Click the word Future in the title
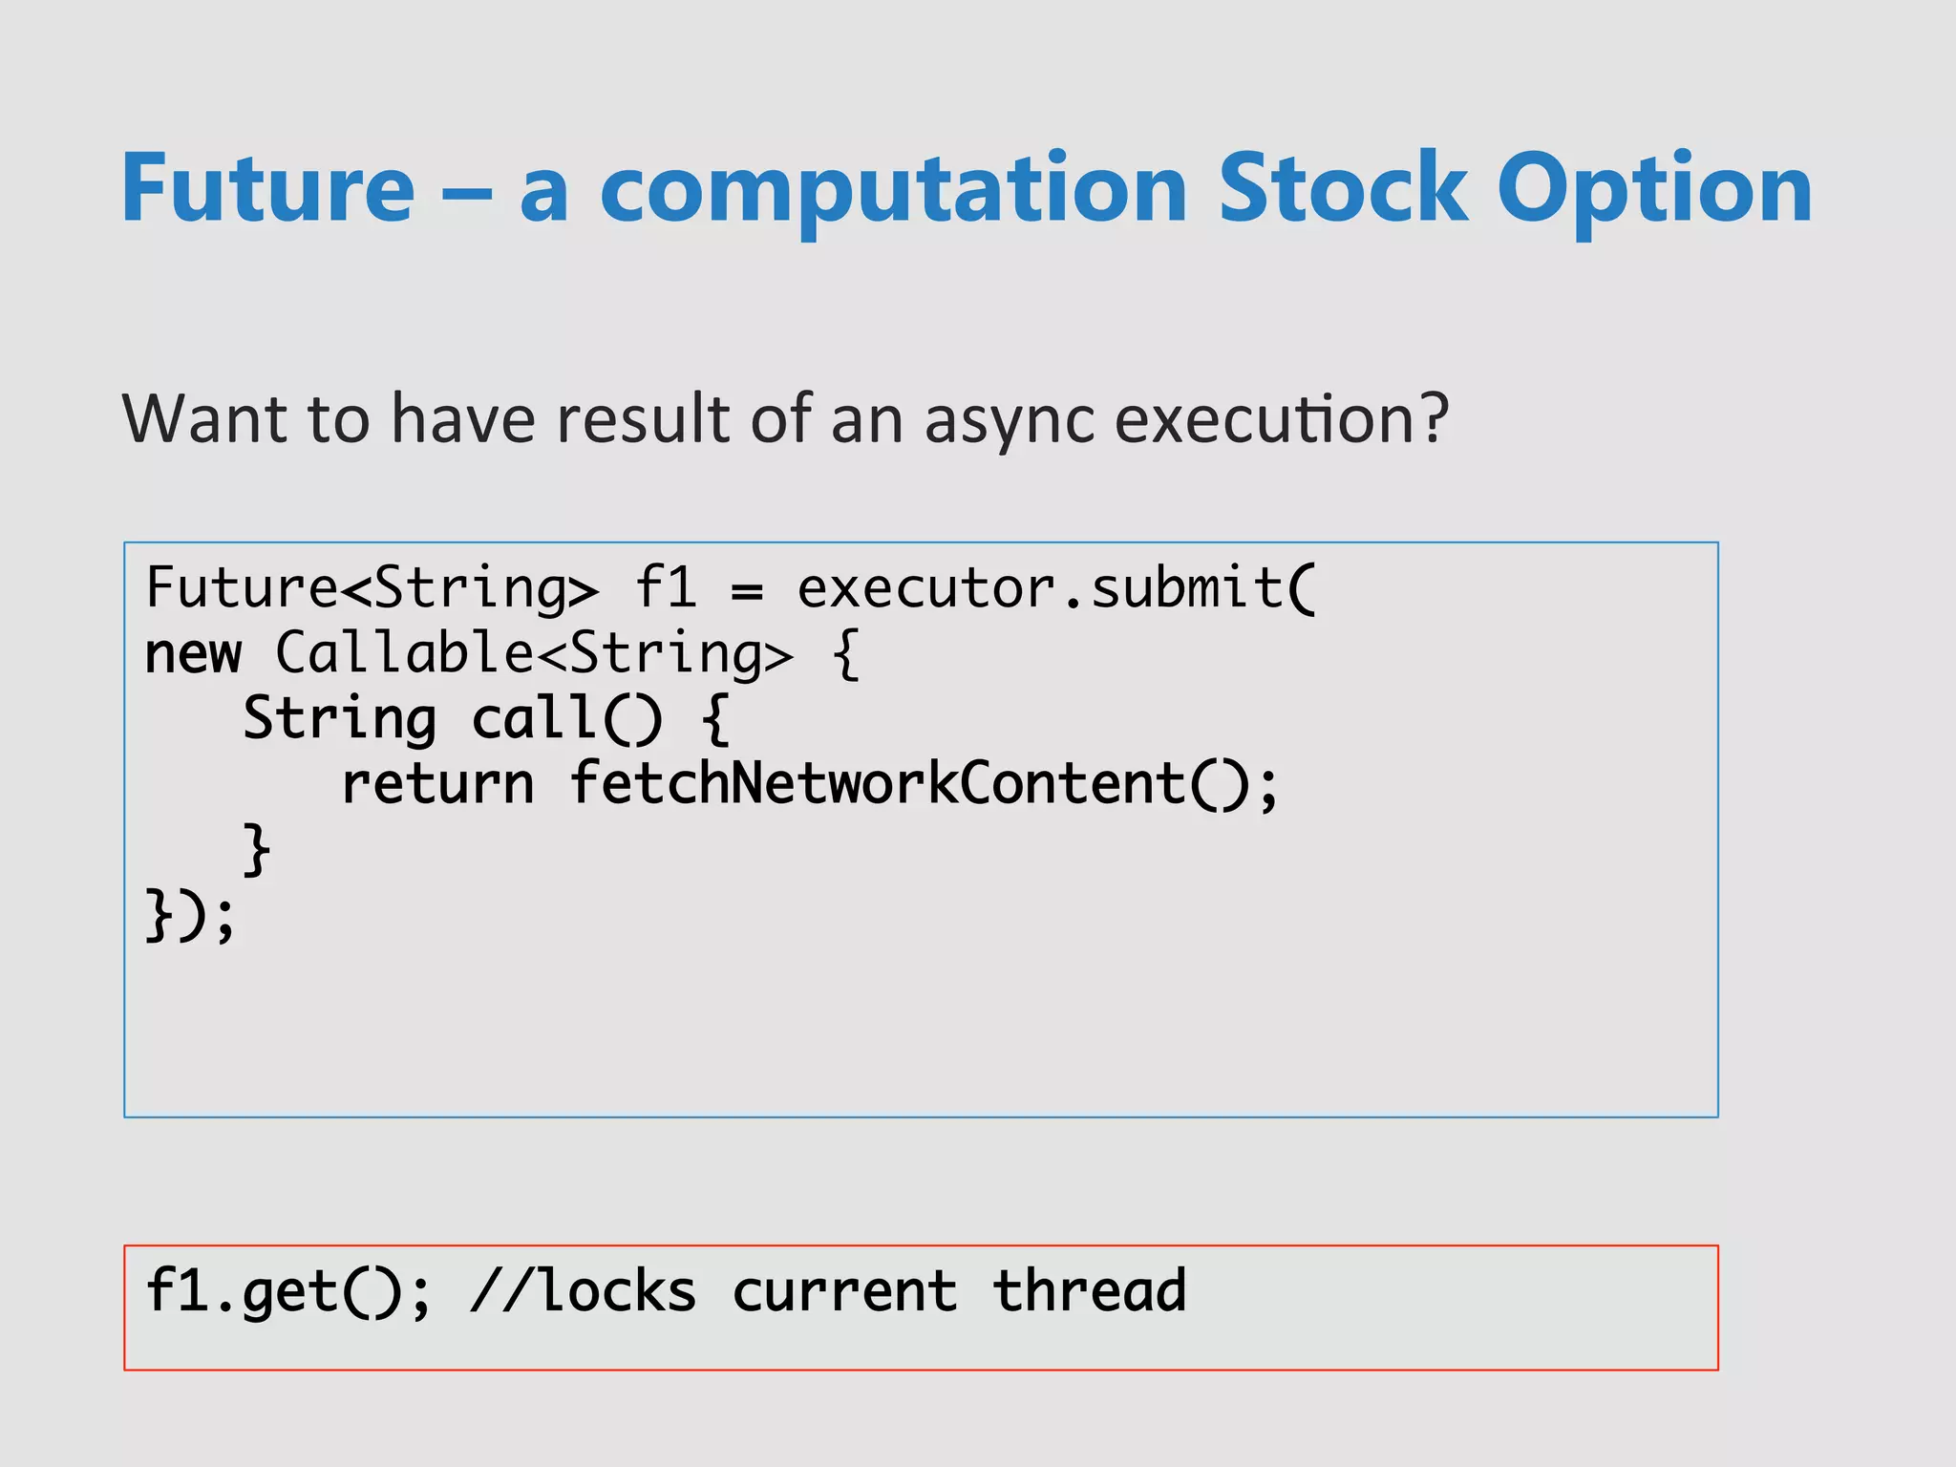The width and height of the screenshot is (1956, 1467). pyautogui.click(x=268, y=188)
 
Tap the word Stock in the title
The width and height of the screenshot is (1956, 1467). pyautogui.click(x=1342, y=188)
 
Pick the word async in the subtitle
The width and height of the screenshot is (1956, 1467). pyautogui.click(x=1009, y=420)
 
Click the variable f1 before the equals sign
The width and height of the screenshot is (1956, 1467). pyautogui.click(x=666, y=587)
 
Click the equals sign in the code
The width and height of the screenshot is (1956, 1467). pyautogui.click(x=747, y=591)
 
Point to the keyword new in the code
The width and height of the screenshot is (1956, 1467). pyautogui.click(x=193, y=655)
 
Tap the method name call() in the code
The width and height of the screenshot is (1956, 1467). pyautogui.click(x=566, y=718)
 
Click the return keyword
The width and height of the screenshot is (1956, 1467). pyautogui.click(x=437, y=785)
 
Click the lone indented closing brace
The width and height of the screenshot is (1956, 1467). pyautogui.click(x=256, y=849)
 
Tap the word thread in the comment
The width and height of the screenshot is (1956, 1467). pyautogui.click(x=1089, y=1291)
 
